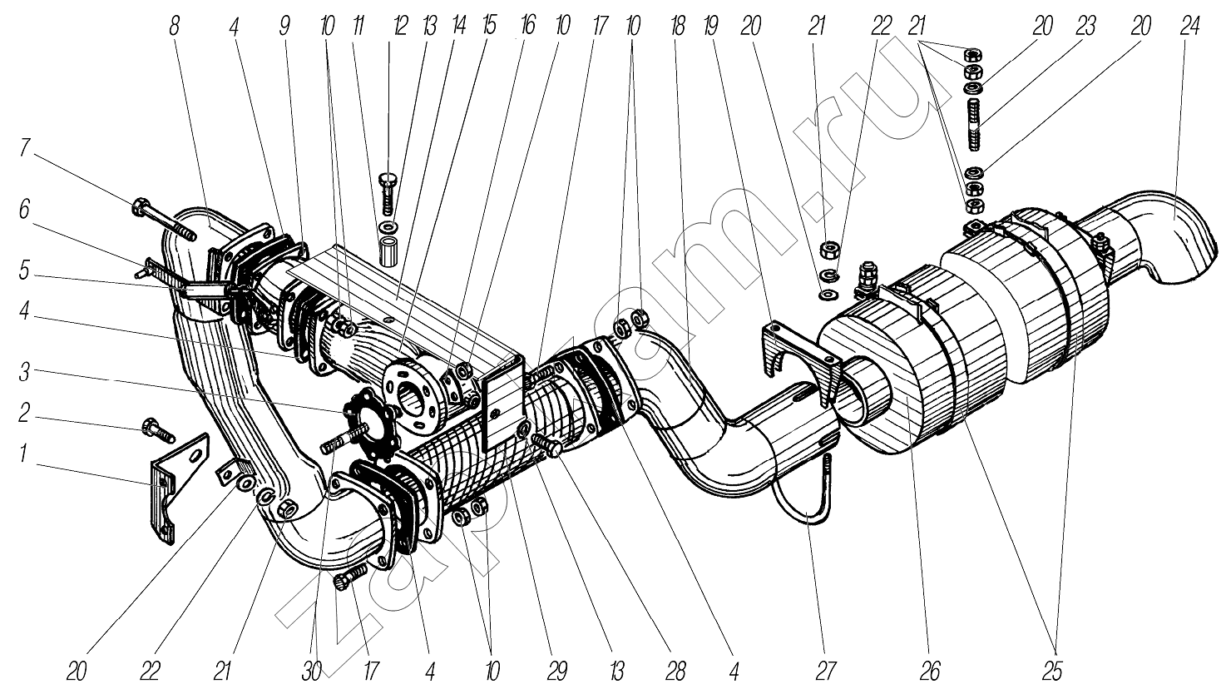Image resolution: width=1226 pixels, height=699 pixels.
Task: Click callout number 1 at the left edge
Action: [26, 455]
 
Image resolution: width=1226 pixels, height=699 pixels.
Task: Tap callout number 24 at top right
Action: [1189, 27]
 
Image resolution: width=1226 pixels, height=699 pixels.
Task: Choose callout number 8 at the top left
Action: [173, 27]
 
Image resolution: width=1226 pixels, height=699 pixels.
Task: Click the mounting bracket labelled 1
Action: [170, 491]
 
